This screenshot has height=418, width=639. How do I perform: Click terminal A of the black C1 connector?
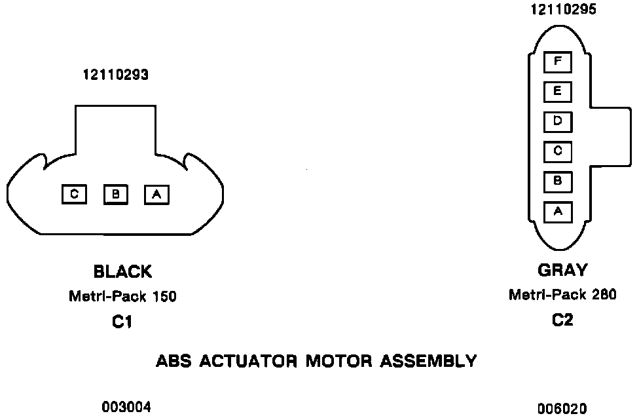tap(156, 195)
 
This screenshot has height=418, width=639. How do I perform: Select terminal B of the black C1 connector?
tap(115, 195)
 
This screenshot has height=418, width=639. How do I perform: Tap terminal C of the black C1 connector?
tap(74, 195)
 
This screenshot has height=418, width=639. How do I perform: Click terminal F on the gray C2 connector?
tap(558, 62)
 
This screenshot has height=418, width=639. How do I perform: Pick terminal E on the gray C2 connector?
tap(558, 92)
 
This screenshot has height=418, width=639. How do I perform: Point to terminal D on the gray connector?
tap(558, 122)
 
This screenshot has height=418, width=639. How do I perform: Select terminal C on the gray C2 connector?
tap(558, 151)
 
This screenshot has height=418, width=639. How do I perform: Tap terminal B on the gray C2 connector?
tap(558, 181)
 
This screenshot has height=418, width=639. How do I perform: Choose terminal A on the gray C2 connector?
tap(558, 212)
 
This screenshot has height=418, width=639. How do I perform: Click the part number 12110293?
tap(115, 75)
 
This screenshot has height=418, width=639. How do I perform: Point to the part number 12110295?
tap(563, 9)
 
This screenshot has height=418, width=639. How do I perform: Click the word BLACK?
tap(122, 271)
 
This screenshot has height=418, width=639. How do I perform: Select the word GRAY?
tap(562, 270)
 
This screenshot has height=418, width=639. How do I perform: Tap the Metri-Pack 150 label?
tap(122, 297)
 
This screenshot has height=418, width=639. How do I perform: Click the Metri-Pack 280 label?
tap(562, 295)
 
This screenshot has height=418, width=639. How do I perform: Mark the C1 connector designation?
tap(122, 322)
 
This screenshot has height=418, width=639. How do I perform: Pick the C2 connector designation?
tap(562, 321)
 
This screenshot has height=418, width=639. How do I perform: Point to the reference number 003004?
tap(126, 408)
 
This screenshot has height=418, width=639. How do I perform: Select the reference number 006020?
tap(562, 409)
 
